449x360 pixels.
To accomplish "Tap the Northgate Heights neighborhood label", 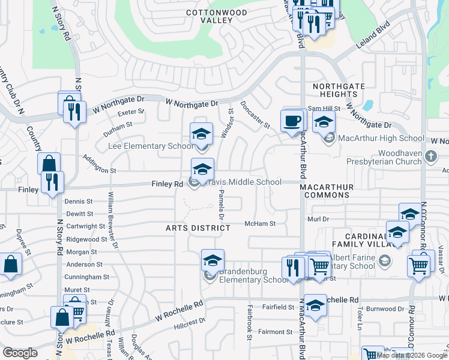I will coord(339,90).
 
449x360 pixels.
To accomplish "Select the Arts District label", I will coord(198,228).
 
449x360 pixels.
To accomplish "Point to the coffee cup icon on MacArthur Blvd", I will coord(292,121).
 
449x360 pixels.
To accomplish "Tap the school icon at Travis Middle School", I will coord(203,169).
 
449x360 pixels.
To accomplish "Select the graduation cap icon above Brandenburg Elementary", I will coord(212,260).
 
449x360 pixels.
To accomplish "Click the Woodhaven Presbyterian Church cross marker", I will coord(430,157).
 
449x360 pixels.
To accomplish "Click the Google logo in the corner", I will coord(20,353).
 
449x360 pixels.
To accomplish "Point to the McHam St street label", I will coord(260,224).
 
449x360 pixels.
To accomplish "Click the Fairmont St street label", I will coord(275,332).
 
